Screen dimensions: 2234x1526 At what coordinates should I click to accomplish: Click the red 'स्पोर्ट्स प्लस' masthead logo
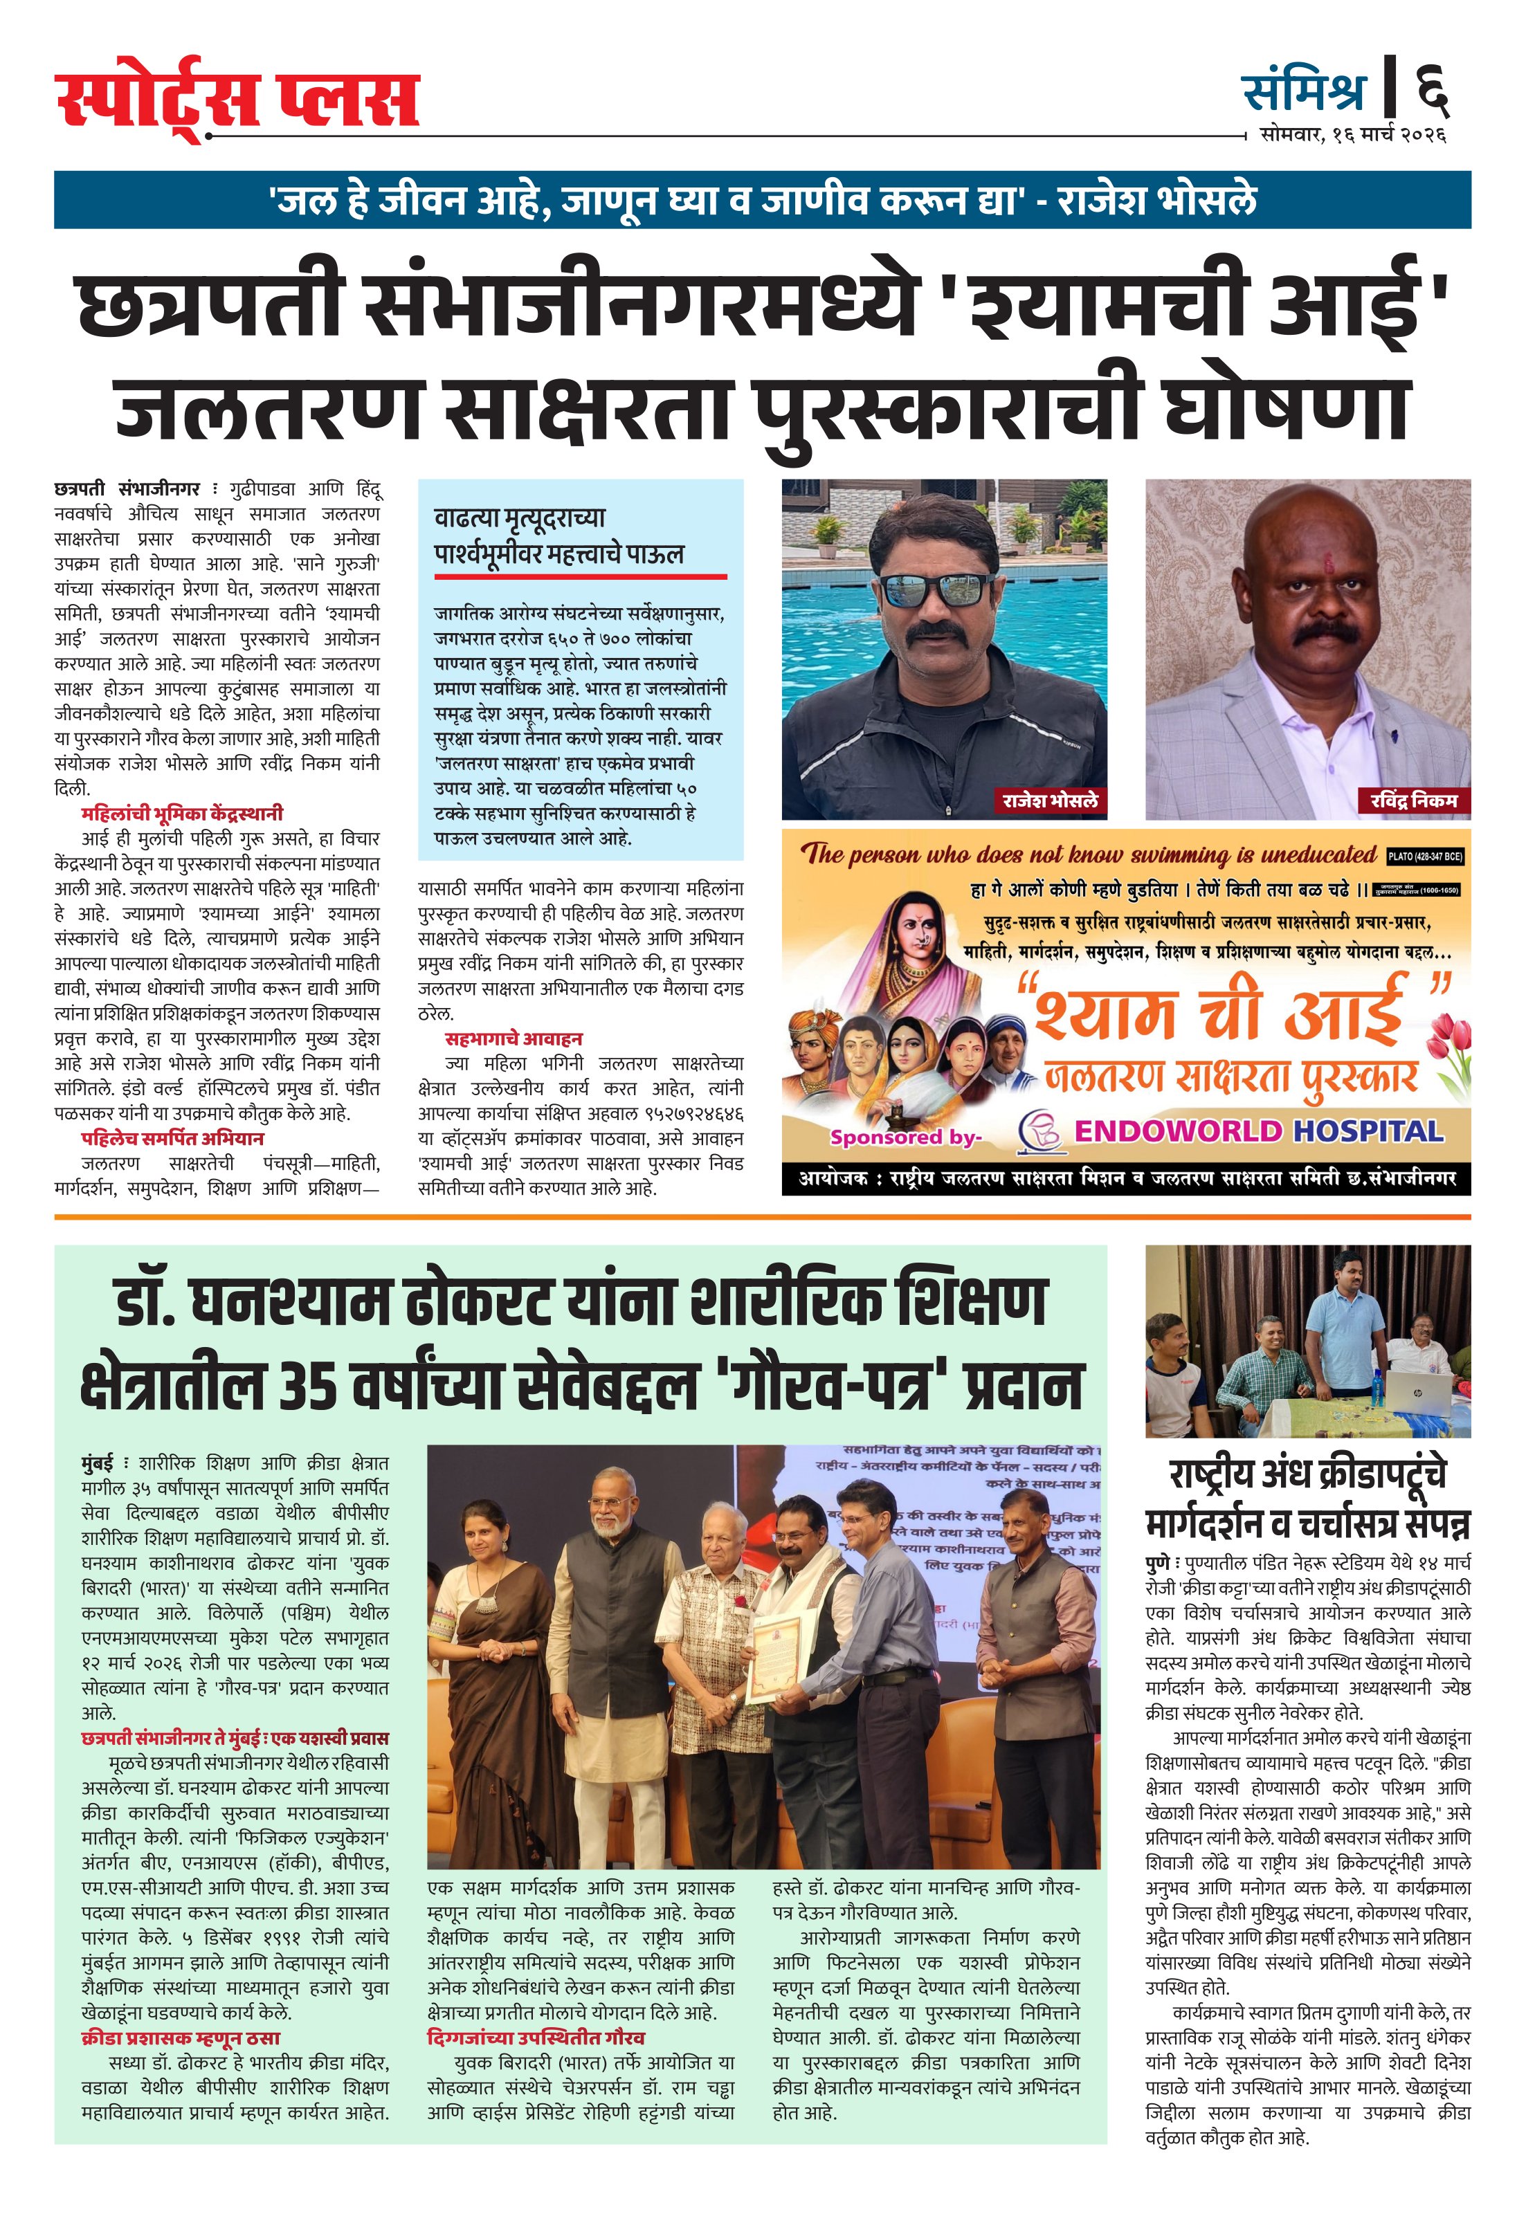click(x=237, y=102)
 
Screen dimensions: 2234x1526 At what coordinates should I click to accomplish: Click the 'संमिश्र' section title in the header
click(x=1303, y=91)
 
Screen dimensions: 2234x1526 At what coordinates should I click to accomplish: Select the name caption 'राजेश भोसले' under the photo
click(x=1049, y=800)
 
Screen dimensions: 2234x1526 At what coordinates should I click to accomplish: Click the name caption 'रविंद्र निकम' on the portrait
click(x=1413, y=800)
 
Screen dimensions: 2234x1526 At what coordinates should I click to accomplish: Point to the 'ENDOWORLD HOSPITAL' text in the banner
click(x=1259, y=1131)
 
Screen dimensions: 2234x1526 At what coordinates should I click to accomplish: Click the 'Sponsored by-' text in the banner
click(x=905, y=1137)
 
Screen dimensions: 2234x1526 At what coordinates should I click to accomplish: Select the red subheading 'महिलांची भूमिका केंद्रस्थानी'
click(x=182, y=813)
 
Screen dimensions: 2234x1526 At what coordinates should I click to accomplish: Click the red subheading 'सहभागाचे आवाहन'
click(x=514, y=1038)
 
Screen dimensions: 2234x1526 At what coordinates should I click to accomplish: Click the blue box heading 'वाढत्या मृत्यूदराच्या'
click(x=519, y=519)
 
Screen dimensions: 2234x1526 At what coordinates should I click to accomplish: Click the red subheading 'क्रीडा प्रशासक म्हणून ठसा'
click(x=181, y=2038)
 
